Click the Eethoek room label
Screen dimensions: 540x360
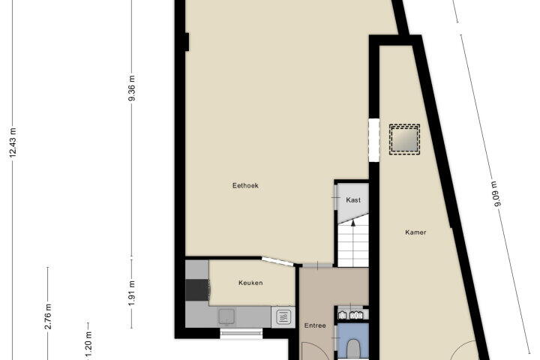(x=245, y=186)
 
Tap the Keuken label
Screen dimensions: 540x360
(x=250, y=283)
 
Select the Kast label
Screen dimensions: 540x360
(x=353, y=199)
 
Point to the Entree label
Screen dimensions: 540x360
(x=315, y=325)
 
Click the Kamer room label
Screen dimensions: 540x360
(x=415, y=232)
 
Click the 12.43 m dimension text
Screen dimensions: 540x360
(x=13, y=142)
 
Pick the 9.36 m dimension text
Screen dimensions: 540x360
(x=131, y=88)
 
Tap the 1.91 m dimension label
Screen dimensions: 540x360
(x=131, y=293)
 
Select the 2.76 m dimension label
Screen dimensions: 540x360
(x=48, y=316)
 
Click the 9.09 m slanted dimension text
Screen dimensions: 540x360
(x=496, y=194)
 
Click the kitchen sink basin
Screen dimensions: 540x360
(x=226, y=316)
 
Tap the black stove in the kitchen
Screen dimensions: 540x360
(x=197, y=290)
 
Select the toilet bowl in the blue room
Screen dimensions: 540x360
(x=353, y=349)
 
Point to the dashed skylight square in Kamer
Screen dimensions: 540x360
(x=405, y=139)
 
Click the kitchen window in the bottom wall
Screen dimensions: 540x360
(x=241, y=332)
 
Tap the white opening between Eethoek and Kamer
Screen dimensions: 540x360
(x=374, y=139)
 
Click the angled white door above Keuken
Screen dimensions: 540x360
(x=277, y=262)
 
